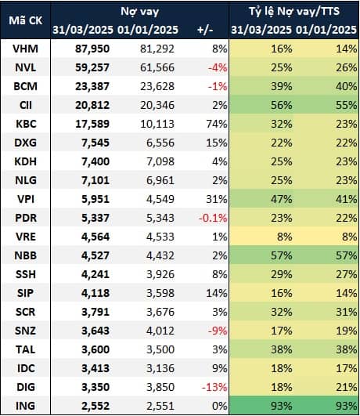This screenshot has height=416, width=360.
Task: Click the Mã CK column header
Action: pyautogui.click(x=26, y=20)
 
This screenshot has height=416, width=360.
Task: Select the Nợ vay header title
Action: pyautogui.click(x=140, y=12)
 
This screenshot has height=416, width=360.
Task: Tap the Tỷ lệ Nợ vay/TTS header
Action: pyautogui.click(x=294, y=12)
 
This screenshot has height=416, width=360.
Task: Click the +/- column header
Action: pyautogui.click(x=205, y=30)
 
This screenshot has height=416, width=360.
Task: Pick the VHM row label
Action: pyautogui.click(x=26, y=49)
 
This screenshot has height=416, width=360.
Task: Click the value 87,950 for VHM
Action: pyautogui.click(x=92, y=49)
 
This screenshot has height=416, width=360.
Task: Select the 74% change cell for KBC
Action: pyautogui.click(x=217, y=124)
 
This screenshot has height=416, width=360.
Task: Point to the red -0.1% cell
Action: pyautogui.click(x=213, y=218)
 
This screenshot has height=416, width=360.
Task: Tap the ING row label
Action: pyautogui.click(x=26, y=406)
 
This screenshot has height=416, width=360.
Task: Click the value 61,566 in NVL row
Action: pyautogui.click(x=157, y=67)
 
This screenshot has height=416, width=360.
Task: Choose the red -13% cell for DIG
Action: pyautogui.click(x=214, y=387)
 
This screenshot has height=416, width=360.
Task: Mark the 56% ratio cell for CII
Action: pyautogui.click(x=282, y=105)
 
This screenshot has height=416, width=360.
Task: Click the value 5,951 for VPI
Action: pyautogui.click(x=95, y=199)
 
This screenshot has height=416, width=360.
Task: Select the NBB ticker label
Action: pyautogui.click(x=26, y=255)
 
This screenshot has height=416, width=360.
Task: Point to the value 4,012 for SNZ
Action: pyautogui.click(x=160, y=331)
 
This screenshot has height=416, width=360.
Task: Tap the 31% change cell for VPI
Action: pyautogui.click(x=217, y=199)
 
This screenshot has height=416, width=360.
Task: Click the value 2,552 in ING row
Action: pyautogui.click(x=95, y=406)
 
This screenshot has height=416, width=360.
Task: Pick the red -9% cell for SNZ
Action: pyautogui.click(x=218, y=331)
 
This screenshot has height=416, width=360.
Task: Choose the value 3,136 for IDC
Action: pyautogui.click(x=160, y=368)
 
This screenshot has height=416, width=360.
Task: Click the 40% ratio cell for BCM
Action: pyautogui.click(x=347, y=86)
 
